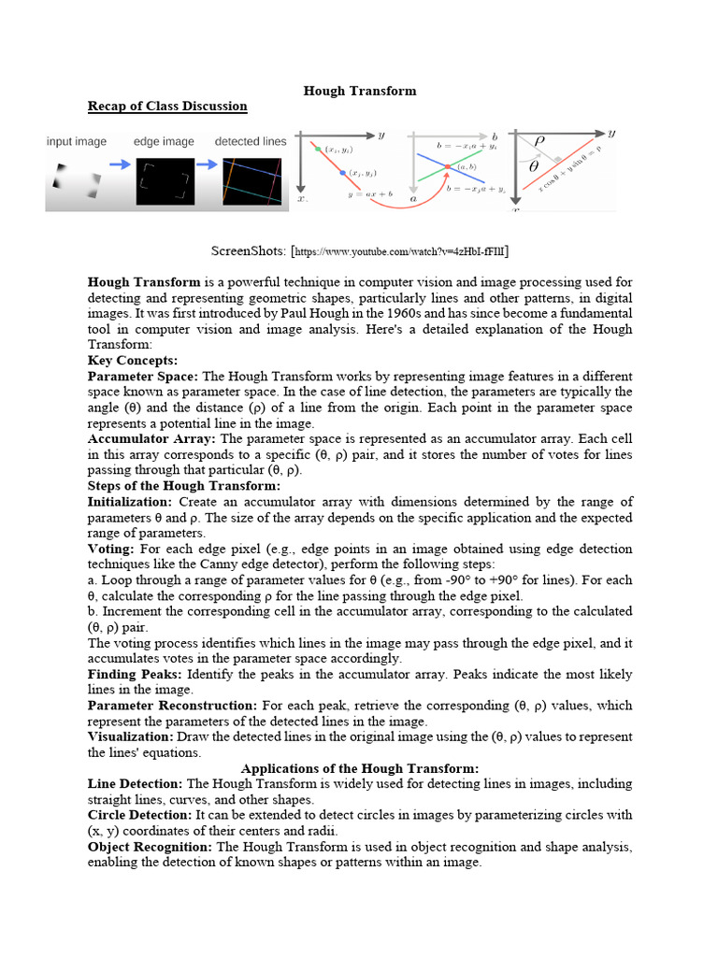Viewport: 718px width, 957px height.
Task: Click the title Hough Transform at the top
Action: pyautogui.click(x=360, y=91)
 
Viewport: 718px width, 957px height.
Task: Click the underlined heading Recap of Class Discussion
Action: pyautogui.click(x=167, y=106)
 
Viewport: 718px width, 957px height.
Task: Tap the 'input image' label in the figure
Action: pyautogui.click(x=77, y=141)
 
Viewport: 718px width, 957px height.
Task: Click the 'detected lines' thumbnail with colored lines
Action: pyautogui.click(x=251, y=181)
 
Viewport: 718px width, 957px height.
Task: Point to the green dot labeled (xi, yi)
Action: pyautogui.click(x=318, y=149)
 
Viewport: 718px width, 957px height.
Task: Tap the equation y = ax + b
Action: pyautogui.click(x=370, y=193)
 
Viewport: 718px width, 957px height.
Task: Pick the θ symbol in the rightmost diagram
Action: pyautogui.click(x=534, y=167)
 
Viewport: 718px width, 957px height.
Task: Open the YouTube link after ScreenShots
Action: pyautogui.click(x=402, y=252)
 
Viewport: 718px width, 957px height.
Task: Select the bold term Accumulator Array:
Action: pyautogui.click(x=151, y=438)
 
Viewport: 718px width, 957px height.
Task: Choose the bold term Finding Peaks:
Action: pyautogui.click(x=135, y=674)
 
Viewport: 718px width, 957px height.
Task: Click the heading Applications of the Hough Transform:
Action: pyautogui.click(x=360, y=768)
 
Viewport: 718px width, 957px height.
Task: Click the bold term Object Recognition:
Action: pyautogui.click(x=150, y=847)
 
